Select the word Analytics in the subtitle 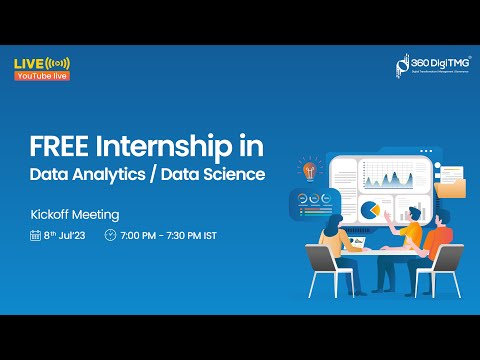113,174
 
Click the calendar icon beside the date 35,236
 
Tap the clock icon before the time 110,236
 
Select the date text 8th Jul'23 65,236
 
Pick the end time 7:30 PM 191,236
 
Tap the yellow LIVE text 28,64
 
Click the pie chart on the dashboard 369,211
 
